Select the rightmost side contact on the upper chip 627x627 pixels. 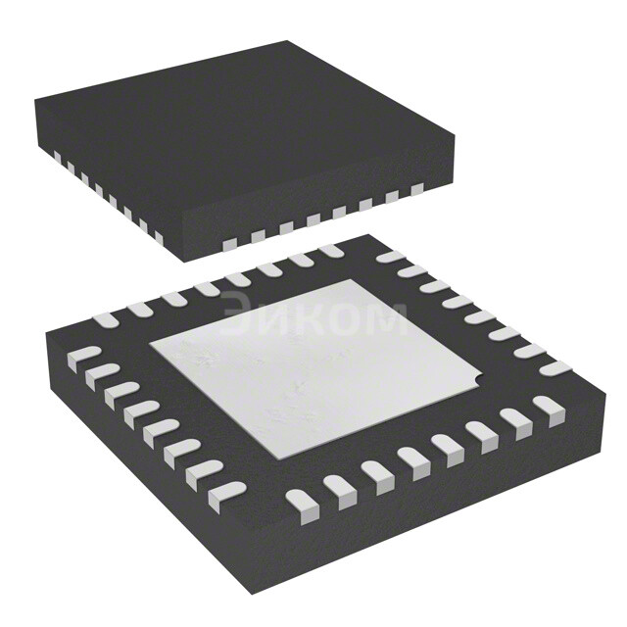(417, 188)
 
